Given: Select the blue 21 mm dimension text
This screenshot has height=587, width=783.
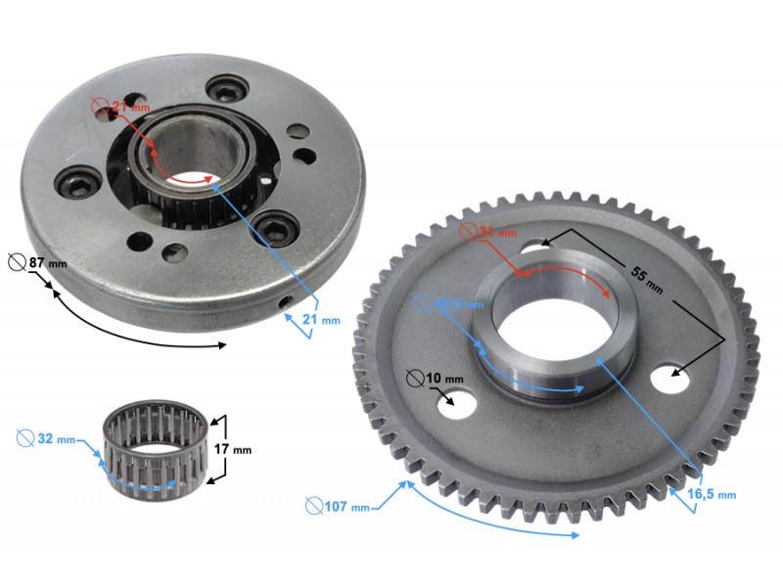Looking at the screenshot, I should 321,320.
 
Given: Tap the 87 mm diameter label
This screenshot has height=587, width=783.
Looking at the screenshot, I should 41,263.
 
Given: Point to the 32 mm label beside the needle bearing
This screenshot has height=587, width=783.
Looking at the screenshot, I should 53,438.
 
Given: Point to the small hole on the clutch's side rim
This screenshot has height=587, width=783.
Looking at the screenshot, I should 284,303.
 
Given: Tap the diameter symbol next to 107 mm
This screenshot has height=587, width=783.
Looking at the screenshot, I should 314,506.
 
